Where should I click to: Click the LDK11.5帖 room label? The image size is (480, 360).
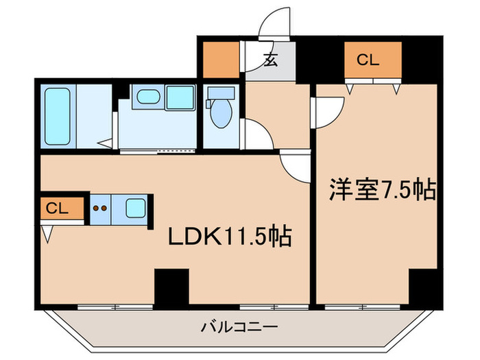tap(231, 237)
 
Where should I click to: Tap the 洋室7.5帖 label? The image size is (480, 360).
tap(383, 190)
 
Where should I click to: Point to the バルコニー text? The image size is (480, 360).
tap(239, 326)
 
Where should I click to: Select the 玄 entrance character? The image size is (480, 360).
tap(270, 61)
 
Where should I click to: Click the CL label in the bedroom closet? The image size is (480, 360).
tap(368, 60)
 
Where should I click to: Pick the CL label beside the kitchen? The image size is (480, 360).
tap(58, 209)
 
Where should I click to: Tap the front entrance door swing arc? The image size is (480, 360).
tap(278, 22)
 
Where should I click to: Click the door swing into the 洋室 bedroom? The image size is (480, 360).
tap(328, 110)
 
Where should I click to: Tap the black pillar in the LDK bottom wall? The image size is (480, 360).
tap(171, 287)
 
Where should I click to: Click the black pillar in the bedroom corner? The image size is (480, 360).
tap(422, 286)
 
